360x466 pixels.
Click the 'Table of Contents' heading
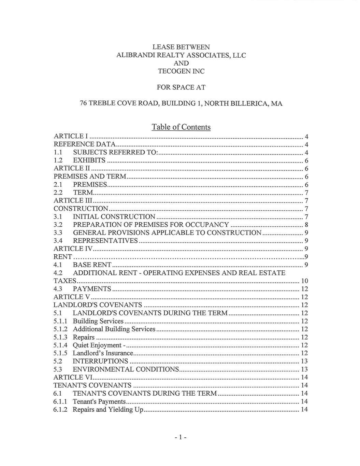181,127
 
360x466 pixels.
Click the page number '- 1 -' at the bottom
179,437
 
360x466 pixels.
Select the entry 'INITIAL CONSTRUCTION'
114,217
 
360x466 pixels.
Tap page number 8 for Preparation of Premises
306,225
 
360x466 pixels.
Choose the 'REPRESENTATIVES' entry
105,241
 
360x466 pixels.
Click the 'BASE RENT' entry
92,265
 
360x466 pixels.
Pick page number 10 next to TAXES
304,281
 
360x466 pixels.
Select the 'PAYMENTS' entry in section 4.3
92,289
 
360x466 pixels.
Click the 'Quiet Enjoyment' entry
97,345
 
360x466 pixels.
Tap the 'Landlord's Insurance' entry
103,353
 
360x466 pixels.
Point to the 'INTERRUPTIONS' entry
100,361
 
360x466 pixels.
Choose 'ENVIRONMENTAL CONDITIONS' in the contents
126,369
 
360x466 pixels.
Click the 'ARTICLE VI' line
73,377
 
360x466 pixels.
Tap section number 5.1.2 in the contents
60,329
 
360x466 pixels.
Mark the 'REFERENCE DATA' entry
85,144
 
